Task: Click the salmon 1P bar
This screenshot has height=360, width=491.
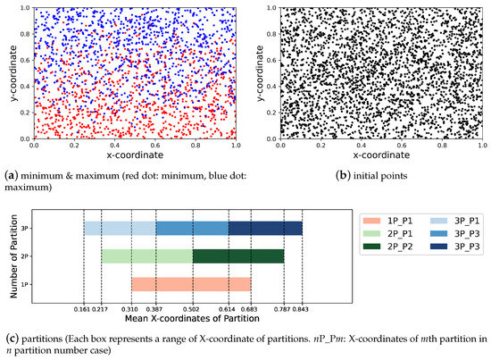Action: coord(191,285)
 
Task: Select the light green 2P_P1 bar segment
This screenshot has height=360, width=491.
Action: coord(146,256)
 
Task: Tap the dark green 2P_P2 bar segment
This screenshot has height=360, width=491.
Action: coord(238,256)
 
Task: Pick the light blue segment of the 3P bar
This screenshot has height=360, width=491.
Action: coord(120,229)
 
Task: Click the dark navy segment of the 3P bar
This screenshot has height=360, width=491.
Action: coord(265,229)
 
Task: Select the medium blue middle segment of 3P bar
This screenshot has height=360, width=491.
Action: coord(192,229)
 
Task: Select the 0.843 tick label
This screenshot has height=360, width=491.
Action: coord(303,310)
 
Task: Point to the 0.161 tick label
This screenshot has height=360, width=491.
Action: coord(84,310)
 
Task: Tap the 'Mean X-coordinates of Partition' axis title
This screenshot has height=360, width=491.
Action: coord(193,321)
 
